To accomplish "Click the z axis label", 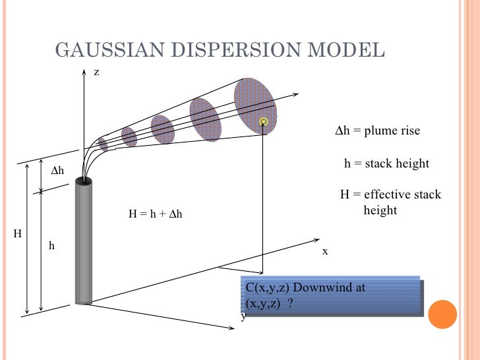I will click(96, 72).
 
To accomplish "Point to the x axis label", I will click(325, 251).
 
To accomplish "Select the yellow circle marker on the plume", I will click(263, 121).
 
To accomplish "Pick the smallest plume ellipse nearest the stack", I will click(103, 145).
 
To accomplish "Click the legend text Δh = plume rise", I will click(377, 131).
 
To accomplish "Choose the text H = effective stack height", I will click(390, 202).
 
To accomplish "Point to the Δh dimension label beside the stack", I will click(57, 170).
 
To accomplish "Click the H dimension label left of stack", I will click(17, 234).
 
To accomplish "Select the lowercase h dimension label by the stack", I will click(51, 245).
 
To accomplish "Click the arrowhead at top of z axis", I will click(84, 73).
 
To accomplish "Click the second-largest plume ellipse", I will click(205, 119).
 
